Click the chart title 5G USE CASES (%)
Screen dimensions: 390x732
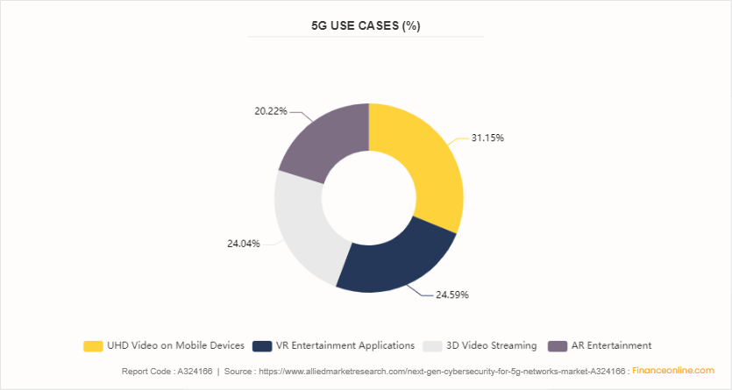pos(366,25)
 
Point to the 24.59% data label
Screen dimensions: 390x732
pos(452,294)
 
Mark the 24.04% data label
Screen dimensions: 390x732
pos(243,244)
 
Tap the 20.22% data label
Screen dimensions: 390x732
pos(270,111)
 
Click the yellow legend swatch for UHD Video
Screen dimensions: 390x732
pos(92,345)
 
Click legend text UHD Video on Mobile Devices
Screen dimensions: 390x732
pos(176,345)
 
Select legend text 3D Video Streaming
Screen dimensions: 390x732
pos(490,345)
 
